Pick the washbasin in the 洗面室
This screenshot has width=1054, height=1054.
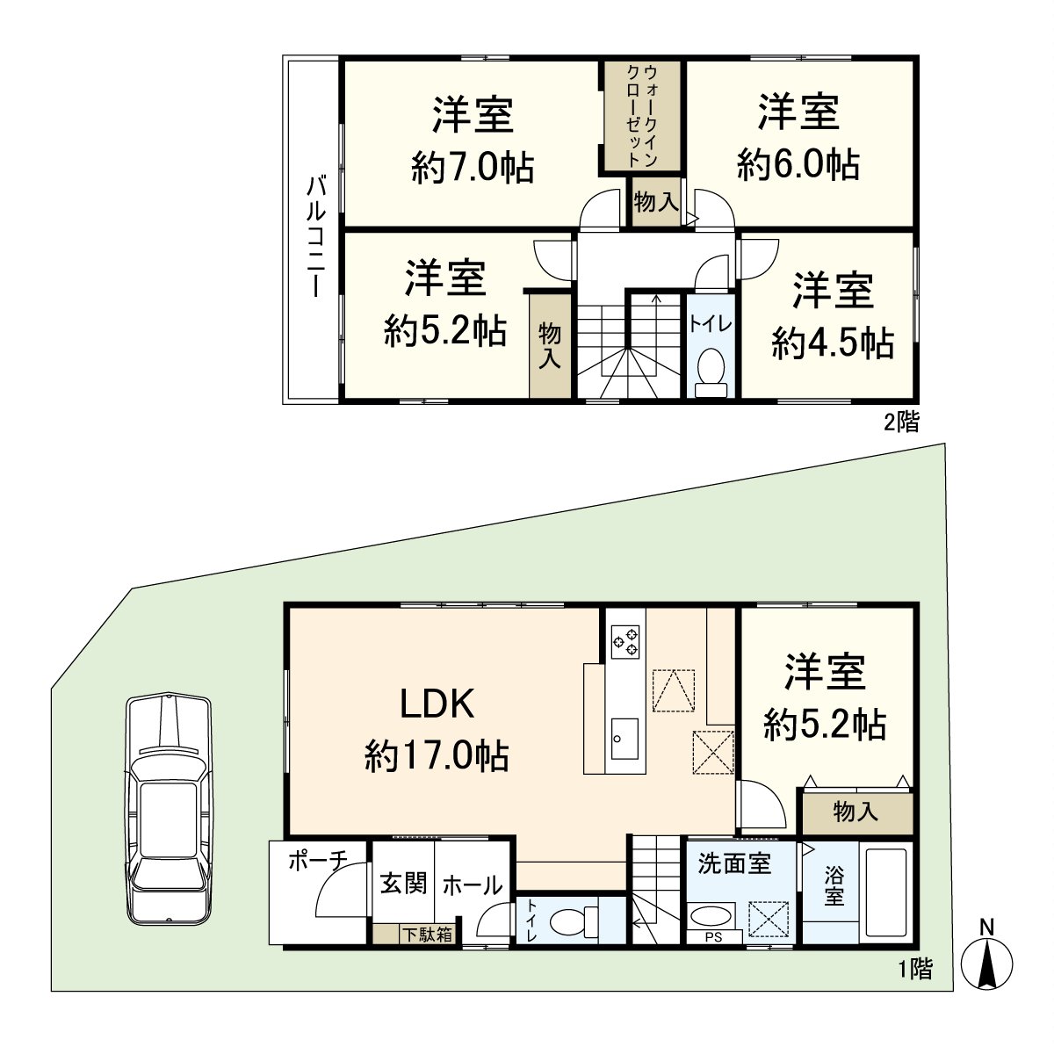point(711,917)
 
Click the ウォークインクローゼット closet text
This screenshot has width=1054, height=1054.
point(641,115)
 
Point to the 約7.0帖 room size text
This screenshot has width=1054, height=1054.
point(473,167)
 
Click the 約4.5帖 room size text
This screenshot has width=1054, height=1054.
point(832,343)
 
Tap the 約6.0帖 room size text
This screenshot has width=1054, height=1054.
point(798,164)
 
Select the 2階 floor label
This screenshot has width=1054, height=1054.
point(901,422)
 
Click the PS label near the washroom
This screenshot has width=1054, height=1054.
point(713,936)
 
